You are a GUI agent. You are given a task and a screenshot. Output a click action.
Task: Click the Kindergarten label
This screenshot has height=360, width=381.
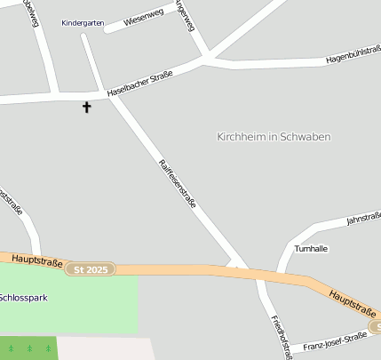[83, 23]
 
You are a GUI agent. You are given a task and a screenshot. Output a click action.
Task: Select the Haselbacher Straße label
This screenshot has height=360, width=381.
[139, 84]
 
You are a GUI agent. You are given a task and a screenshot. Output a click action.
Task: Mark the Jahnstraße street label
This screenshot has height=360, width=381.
[363, 217]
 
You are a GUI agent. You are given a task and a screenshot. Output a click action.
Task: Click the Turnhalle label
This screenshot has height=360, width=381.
[312, 249]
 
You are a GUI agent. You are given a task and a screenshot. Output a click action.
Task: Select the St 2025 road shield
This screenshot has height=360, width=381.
[91, 268]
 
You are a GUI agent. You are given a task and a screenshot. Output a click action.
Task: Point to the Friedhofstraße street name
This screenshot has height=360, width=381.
[281, 336]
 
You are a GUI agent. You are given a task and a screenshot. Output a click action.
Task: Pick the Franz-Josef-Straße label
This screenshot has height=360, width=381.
[335, 341]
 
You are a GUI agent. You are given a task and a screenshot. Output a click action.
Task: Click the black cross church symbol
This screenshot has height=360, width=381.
[87, 108]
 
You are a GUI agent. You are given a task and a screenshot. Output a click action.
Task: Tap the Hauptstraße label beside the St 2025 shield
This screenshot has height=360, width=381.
[37, 261]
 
